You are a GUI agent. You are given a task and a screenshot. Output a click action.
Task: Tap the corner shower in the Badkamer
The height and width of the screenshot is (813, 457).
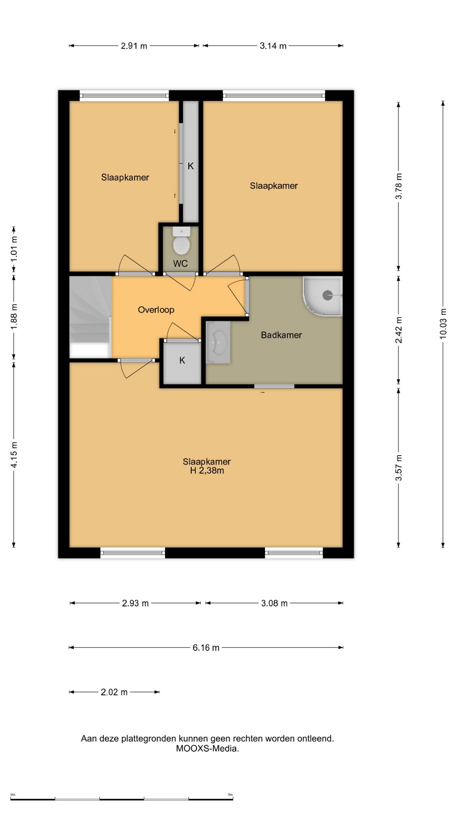322,296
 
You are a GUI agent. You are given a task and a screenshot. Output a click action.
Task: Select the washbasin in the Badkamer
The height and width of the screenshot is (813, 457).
218,342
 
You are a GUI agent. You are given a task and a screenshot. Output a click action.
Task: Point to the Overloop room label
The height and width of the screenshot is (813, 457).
156,310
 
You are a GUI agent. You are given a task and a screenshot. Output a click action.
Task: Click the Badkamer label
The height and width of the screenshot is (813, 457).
281,335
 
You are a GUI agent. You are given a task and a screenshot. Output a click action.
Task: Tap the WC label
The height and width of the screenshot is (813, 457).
180,264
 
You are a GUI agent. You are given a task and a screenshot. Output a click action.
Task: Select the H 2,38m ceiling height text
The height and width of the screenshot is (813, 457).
207,470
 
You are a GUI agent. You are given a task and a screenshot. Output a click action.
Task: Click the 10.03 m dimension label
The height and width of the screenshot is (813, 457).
443,323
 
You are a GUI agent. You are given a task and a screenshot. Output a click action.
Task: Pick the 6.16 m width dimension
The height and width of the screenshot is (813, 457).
206,647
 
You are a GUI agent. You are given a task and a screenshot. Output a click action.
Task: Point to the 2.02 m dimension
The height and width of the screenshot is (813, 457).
114,692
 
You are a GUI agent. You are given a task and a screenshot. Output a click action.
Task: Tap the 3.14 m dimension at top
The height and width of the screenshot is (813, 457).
273,46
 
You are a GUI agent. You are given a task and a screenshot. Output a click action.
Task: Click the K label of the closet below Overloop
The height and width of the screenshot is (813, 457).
182,360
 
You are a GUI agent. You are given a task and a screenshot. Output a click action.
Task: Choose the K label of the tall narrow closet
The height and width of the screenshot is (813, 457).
190,166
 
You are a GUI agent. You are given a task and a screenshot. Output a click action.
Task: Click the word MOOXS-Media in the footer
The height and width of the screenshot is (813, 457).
207,748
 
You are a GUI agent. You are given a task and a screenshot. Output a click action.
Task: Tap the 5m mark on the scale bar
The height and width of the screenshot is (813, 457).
231,795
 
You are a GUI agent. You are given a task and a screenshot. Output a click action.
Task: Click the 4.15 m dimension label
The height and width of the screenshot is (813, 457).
14,455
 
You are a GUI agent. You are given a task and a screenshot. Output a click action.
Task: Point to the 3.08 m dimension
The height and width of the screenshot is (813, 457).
274,603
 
